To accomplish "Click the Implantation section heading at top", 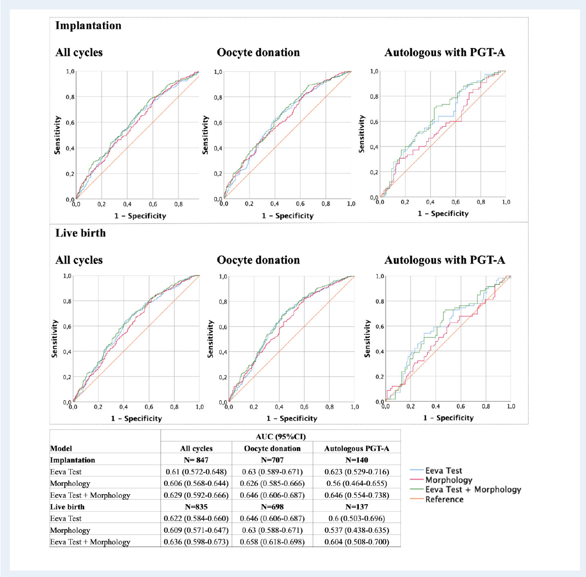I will (88, 26).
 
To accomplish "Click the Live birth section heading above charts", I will (81, 233).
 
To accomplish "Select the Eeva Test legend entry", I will (443, 471).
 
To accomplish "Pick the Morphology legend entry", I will (448, 480).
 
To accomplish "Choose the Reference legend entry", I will (444, 499).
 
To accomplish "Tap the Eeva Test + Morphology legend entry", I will (473, 489).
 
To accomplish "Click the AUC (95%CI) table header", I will (281, 436).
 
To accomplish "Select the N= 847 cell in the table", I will (196, 460).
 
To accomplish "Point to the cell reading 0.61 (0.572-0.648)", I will (196, 472).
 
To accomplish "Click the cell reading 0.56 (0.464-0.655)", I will (357, 483).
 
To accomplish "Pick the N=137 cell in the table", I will (357, 507).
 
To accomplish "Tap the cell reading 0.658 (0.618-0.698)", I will (272, 542).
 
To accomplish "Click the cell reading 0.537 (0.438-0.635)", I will (357, 530).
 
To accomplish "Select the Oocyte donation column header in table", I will (272, 448).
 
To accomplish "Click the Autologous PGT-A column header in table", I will (357, 448).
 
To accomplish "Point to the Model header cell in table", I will (61, 448).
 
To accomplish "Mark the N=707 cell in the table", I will (272, 460).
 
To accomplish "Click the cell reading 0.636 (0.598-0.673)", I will (196, 542).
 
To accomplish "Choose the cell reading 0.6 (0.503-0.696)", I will (357, 519).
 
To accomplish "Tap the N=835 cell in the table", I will (196, 507).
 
